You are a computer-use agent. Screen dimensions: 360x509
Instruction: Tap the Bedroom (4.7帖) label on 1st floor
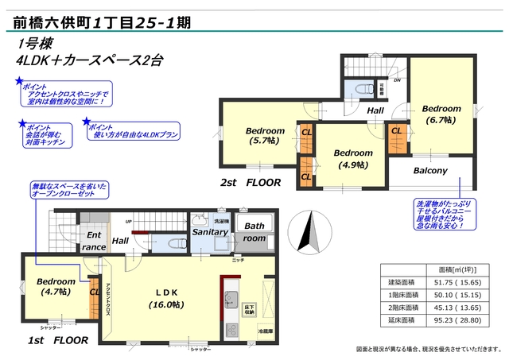pos(55,286)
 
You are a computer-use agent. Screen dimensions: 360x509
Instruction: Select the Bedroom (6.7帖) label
pos(441,114)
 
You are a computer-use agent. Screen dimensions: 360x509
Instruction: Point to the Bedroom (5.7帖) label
pos(265,136)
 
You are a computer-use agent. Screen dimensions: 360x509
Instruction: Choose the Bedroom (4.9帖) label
pos(353,158)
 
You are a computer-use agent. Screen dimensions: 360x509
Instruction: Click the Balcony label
pos(429,171)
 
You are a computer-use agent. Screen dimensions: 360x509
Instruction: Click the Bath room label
pos(255,231)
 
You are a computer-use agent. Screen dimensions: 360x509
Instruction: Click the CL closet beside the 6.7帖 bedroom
pos(395,130)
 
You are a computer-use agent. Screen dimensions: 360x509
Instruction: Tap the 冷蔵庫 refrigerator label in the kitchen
pos(264,331)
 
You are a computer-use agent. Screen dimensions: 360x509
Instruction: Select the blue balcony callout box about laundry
pos(444,215)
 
